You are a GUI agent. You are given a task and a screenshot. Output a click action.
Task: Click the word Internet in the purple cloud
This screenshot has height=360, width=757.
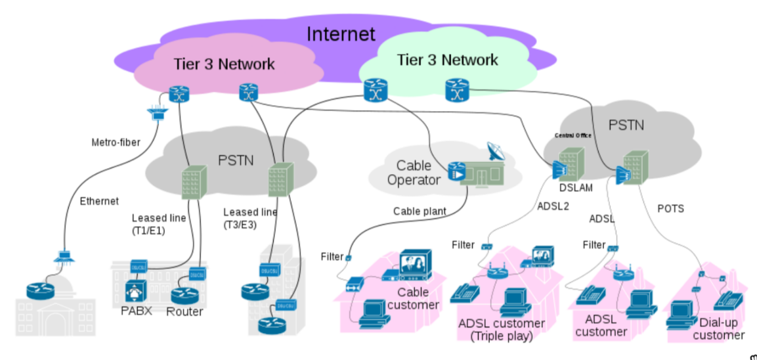point(341,34)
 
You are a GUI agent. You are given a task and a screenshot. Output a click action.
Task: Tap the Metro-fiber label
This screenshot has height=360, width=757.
point(116,142)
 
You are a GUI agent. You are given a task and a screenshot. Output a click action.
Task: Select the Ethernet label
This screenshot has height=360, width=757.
point(99,201)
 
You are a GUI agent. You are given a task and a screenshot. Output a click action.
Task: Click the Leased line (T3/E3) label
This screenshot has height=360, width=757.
point(249,219)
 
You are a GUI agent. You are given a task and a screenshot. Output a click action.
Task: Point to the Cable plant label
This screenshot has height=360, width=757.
point(420,212)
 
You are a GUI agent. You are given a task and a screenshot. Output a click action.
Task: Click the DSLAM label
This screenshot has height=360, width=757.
point(576,188)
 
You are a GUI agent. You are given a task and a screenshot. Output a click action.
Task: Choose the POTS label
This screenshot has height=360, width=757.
point(670,209)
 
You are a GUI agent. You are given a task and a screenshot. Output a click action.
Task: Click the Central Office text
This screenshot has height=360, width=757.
point(573,135)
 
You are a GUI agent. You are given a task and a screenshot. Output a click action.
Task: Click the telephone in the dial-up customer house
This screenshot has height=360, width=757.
point(728,302)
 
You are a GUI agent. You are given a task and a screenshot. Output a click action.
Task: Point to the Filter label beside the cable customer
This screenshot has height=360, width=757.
point(332,256)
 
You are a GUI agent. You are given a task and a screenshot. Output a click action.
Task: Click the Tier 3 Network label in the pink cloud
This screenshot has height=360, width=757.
point(224,64)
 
